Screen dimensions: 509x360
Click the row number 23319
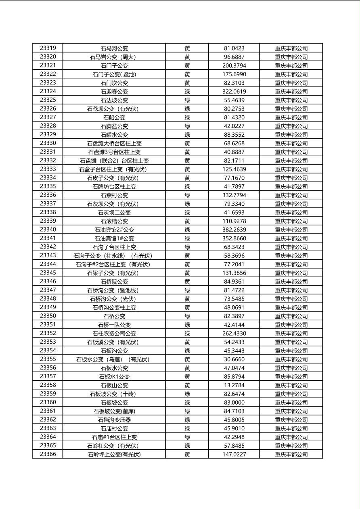pyautogui.click(x=48, y=48)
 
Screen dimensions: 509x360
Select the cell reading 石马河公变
pyautogui.click(x=114, y=48)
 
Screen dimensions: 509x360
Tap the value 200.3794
pyautogui.click(x=234, y=65)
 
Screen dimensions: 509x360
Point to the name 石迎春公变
pyautogui.click(x=114, y=92)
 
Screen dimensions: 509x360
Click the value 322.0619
pyautogui.click(x=234, y=92)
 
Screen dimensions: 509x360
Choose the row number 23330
pyautogui.click(x=48, y=143)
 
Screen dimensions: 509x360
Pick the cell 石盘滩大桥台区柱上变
pyautogui.click(x=114, y=143)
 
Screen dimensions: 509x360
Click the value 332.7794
pyautogui.click(x=234, y=195)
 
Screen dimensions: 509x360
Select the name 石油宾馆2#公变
pyautogui.click(x=114, y=230)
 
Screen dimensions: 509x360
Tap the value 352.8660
pyautogui.click(x=234, y=238)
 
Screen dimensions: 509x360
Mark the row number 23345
pyautogui.click(x=48, y=273)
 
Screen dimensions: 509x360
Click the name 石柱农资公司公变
pyautogui.click(x=114, y=334)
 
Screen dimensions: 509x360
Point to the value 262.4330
pyautogui.click(x=234, y=334)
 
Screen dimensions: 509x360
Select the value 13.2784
pyautogui.click(x=234, y=385)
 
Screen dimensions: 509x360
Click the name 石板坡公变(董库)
pyautogui.click(x=114, y=411)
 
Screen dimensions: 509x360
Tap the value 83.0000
pyautogui.click(x=234, y=403)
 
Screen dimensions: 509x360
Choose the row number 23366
pyautogui.click(x=48, y=454)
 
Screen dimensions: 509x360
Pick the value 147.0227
pyautogui.click(x=234, y=455)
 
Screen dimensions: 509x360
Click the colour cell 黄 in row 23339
pyautogui.click(x=187, y=221)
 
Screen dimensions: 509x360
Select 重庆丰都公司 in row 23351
pyautogui.click(x=291, y=325)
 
